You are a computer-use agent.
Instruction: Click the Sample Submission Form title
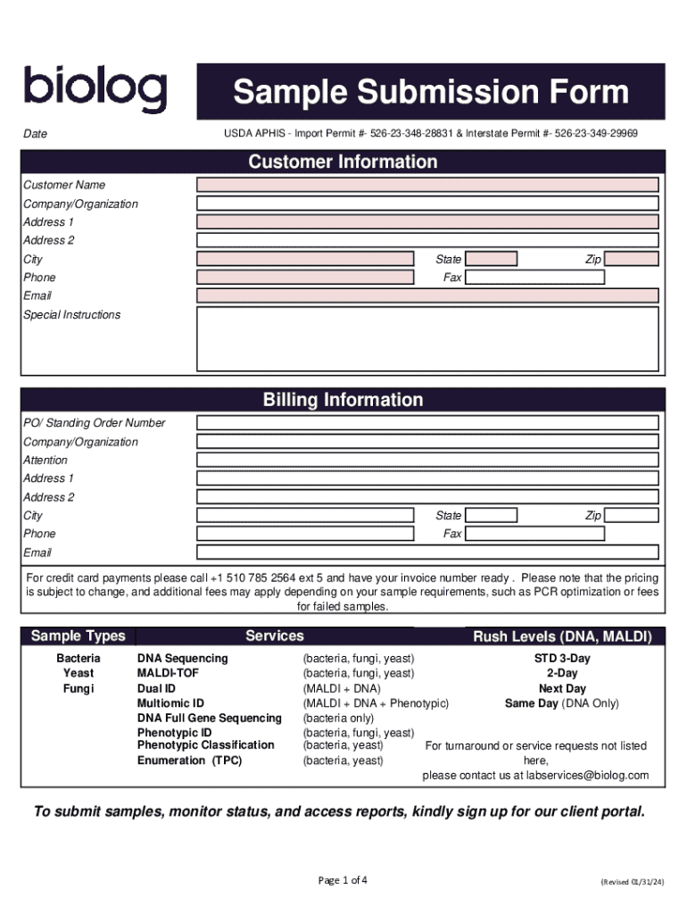430,92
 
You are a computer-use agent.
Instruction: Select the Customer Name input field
427,185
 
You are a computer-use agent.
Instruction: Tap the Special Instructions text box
427,339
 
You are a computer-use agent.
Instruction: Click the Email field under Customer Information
427,295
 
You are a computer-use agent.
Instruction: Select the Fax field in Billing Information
534,534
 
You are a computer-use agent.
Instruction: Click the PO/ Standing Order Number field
427,423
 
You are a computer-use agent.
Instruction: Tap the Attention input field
427,460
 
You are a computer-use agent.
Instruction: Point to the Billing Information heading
343,400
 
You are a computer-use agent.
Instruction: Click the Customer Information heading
343,162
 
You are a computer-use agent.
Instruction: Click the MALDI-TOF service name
169,673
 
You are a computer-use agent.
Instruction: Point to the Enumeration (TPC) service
189,760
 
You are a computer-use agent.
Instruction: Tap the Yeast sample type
79,673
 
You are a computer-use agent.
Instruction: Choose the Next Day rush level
562,688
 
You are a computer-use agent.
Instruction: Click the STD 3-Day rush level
562,658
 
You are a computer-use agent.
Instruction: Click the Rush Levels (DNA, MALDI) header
562,636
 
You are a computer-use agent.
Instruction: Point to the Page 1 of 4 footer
343,880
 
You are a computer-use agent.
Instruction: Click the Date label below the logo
36,134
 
